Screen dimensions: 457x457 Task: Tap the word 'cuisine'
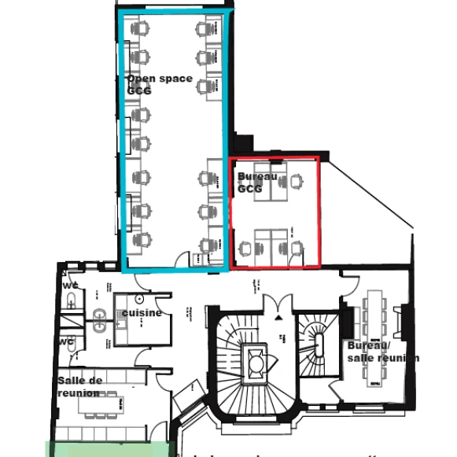click(142, 312)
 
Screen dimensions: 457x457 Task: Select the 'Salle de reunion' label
click(79, 386)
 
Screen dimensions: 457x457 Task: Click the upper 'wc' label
click(72, 284)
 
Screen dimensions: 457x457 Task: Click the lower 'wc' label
click(67, 341)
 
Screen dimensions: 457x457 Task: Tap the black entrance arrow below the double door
click(279, 316)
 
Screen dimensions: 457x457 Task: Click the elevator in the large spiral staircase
click(256, 359)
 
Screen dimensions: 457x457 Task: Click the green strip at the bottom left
click(110, 449)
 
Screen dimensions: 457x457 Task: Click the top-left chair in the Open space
click(142, 29)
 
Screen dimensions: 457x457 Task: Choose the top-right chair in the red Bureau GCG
click(296, 182)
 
